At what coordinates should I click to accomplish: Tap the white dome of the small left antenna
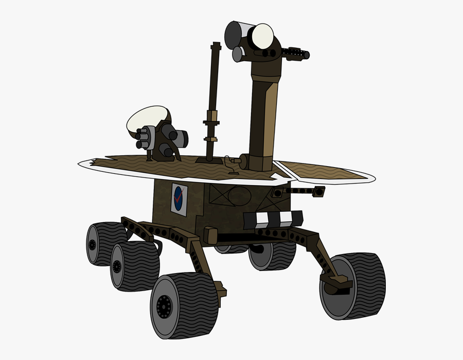pos(147,117)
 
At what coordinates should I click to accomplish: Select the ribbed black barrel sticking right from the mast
pos(295,53)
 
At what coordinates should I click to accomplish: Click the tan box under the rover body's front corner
pos(210,236)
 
